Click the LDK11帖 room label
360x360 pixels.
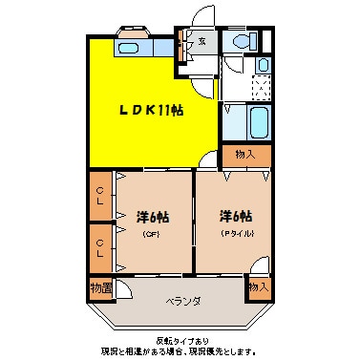pos(151,111)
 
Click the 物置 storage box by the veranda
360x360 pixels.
pos(100,286)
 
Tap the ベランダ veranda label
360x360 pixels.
pos(181,301)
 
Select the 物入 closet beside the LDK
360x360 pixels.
pos(245,154)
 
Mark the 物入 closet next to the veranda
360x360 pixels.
pos(257,286)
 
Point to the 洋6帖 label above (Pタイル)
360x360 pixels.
pos(234,217)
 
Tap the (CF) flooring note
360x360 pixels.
pos(151,233)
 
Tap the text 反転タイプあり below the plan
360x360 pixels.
pos(180,340)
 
